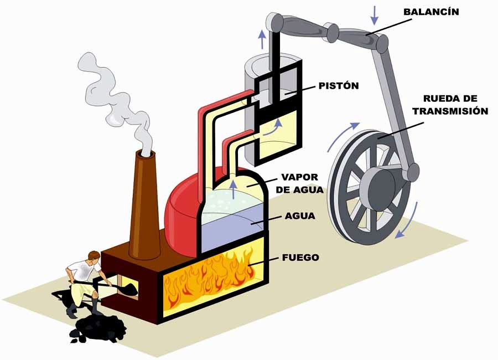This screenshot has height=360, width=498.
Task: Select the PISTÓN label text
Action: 339,86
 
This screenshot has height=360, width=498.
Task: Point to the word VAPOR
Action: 299,178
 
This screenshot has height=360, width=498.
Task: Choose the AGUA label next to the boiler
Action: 300,216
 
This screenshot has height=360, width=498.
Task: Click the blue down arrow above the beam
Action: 375,14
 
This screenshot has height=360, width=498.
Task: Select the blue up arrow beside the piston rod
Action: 262,39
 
